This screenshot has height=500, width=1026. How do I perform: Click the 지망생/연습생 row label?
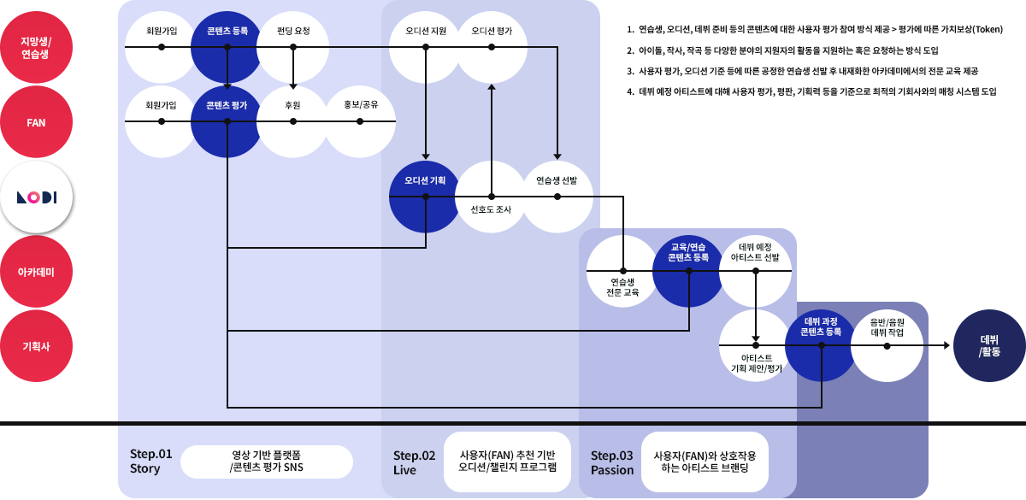36,47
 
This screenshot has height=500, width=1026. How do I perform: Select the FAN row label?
36,122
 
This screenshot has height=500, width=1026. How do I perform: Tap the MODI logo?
37,197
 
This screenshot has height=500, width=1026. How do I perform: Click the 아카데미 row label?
36,272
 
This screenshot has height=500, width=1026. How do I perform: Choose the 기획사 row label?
36,346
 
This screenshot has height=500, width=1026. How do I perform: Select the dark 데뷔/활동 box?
988,345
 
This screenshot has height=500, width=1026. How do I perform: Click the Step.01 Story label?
150,461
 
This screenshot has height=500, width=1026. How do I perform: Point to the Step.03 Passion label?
612,462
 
